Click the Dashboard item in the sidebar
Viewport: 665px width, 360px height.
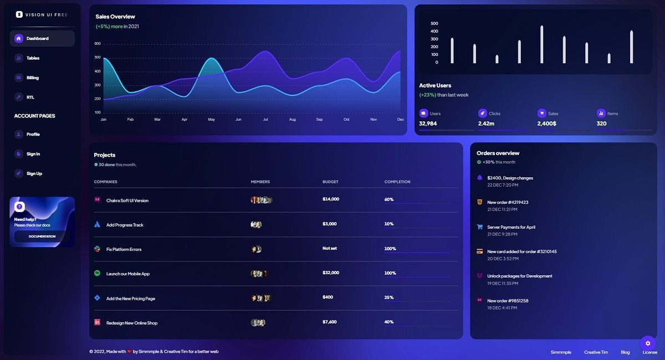(x=37, y=39)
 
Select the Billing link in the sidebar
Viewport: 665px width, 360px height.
(x=32, y=78)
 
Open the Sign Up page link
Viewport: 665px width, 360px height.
(x=34, y=174)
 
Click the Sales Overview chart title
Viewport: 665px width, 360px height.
(x=115, y=17)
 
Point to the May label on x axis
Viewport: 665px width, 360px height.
(x=211, y=120)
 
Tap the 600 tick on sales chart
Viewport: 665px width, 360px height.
(x=98, y=44)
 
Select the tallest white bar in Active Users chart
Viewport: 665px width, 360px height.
(x=541, y=44)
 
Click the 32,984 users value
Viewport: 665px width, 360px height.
(x=428, y=124)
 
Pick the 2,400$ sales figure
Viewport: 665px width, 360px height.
(x=546, y=124)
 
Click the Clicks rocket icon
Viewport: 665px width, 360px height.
(x=482, y=113)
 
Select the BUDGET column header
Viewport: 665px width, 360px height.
(x=330, y=182)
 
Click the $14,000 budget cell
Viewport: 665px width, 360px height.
(x=331, y=199)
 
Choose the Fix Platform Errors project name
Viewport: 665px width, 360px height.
(x=124, y=250)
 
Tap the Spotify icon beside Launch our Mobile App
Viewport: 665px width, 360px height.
(x=97, y=274)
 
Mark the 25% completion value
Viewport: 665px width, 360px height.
(x=389, y=297)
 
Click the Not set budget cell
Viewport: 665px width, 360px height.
(x=330, y=248)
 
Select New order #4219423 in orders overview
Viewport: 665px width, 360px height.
(x=508, y=203)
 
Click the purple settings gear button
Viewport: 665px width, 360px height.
(x=647, y=343)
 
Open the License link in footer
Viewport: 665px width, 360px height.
(x=649, y=352)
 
